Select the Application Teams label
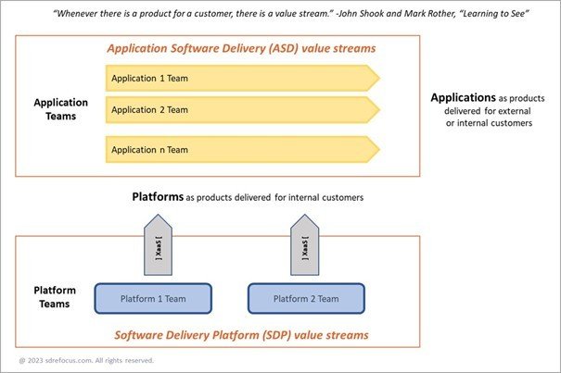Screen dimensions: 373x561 [60, 110]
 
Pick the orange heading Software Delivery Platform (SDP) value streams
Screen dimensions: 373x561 [241, 334]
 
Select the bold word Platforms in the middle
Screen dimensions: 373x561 [158, 196]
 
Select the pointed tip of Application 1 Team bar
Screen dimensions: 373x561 [376, 78]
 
